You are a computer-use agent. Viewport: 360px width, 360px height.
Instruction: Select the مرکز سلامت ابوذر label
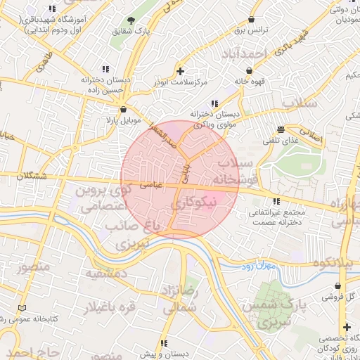coord(181,83)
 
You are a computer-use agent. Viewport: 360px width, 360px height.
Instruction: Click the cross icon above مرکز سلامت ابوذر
coord(181,71)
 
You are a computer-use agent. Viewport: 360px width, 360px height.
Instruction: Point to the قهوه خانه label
coord(251,80)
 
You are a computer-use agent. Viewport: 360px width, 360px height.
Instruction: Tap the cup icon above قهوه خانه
coord(252,68)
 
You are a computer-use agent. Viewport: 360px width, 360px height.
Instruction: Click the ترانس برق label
coord(251,31)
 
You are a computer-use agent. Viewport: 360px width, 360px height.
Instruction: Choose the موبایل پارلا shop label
coord(124,121)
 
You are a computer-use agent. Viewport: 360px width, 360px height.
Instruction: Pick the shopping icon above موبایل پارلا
coord(124,109)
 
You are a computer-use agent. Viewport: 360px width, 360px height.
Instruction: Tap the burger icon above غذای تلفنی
coord(281,129)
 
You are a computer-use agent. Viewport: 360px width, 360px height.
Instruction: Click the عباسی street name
coord(152,185)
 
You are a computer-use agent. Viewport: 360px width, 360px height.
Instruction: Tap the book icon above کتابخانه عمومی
coord(23,309)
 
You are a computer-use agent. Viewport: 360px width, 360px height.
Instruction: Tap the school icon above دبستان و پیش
coord(164,343)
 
